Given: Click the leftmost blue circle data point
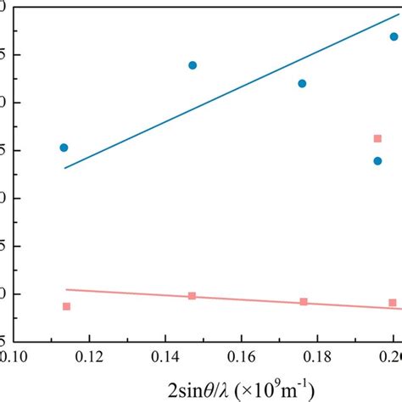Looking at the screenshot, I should (x=64, y=148).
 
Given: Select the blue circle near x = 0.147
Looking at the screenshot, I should (x=193, y=65).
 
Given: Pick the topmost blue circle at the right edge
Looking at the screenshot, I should (x=394, y=36).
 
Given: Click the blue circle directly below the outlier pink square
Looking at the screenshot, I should (x=377, y=160).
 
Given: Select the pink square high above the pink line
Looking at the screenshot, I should (x=377, y=138).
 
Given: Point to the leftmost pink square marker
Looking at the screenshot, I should (x=66, y=306).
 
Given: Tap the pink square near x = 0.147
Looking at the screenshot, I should (x=193, y=296).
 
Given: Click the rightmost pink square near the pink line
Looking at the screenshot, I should (x=393, y=303).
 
